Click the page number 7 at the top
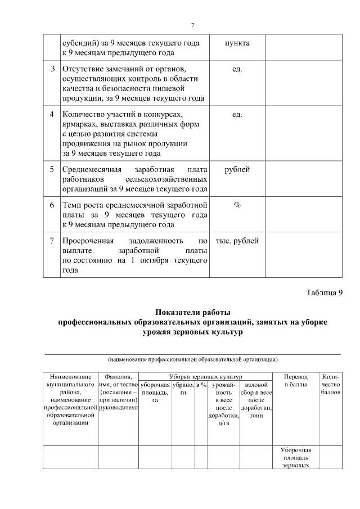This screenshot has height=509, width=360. pyautogui.click(x=192, y=26)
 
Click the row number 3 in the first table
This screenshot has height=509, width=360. pyautogui.click(x=52, y=69)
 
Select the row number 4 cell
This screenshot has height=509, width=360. pyautogui.click(x=52, y=114)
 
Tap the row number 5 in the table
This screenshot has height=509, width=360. pyautogui.click(x=52, y=169)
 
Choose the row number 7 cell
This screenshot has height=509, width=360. pyautogui.click(x=52, y=241)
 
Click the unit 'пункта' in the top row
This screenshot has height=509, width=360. pyautogui.click(x=237, y=43)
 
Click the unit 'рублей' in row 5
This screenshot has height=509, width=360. pyautogui.click(x=237, y=169)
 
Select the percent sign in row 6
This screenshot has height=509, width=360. pyautogui.click(x=237, y=205)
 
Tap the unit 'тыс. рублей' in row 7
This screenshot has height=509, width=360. pyautogui.click(x=237, y=241)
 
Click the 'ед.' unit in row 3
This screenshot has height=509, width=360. pyautogui.click(x=237, y=69)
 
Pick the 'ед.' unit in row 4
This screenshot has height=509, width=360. pyautogui.click(x=237, y=114)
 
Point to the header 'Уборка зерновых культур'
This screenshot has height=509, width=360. pyautogui.click(x=205, y=376)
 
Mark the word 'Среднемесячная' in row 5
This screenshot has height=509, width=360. pyautogui.click(x=91, y=169)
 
